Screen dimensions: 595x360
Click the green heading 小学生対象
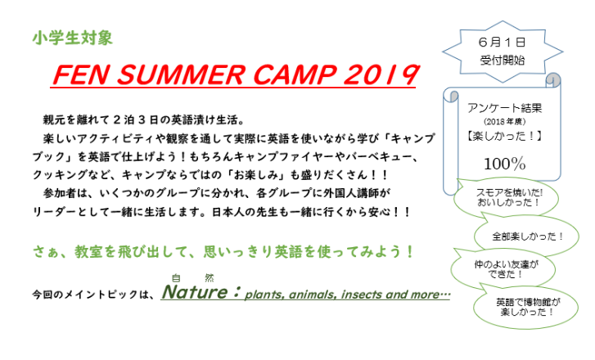[x=73, y=38]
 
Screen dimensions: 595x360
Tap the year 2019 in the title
[x=381, y=74]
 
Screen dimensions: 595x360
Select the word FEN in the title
[x=81, y=74]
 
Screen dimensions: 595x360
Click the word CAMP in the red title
[x=295, y=74]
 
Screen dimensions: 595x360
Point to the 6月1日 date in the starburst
[x=502, y=42]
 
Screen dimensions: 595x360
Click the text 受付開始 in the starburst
[x=502, y=60]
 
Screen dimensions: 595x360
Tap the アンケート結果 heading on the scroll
[x=505, y=108]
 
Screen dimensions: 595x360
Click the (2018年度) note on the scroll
[x=505, y=122]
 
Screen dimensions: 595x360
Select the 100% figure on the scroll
[x=505, y=164]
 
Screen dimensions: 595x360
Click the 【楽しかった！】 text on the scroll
[x=505, y=136]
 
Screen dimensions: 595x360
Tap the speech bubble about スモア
[x=507, y=198]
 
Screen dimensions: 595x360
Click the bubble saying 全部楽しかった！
[x=527, y=236]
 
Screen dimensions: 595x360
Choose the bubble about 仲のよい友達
[x=503, y=269]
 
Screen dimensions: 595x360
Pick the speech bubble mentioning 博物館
[x=525, y=307]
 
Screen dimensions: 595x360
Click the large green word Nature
[x=195, y=292]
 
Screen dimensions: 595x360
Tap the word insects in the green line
[x=362, y=295]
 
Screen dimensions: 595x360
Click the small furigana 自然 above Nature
[x=192, y=278]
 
